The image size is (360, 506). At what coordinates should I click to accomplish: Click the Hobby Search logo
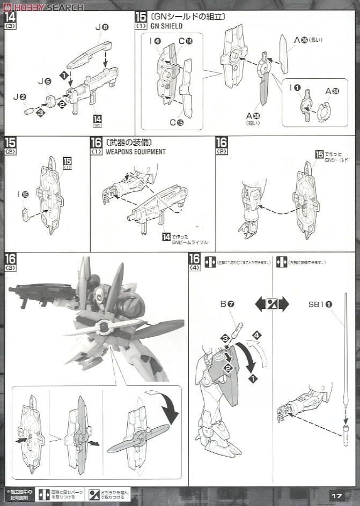(x=43, y=6)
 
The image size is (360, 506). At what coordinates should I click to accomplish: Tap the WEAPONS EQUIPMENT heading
(x=135, y=152)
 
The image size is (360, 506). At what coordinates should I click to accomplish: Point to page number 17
(x=336, y=496)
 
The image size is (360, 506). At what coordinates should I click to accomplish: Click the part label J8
(x=102, y=26)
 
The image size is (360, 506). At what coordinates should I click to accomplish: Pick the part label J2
(x=19, y=96)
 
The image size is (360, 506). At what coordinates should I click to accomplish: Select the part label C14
(x=186, y=40)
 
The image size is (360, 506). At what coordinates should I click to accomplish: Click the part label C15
(x=177, y=122)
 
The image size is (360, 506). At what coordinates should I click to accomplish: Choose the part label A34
(x=332, y=91)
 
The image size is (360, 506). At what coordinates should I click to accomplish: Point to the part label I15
(x=22, y=194)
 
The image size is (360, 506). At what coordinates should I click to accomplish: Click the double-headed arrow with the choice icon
(x=272, y=304)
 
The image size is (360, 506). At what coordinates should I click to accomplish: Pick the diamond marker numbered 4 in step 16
(x=257, y=336)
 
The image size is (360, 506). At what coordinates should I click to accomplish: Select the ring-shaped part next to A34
(x=324, y=111)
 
